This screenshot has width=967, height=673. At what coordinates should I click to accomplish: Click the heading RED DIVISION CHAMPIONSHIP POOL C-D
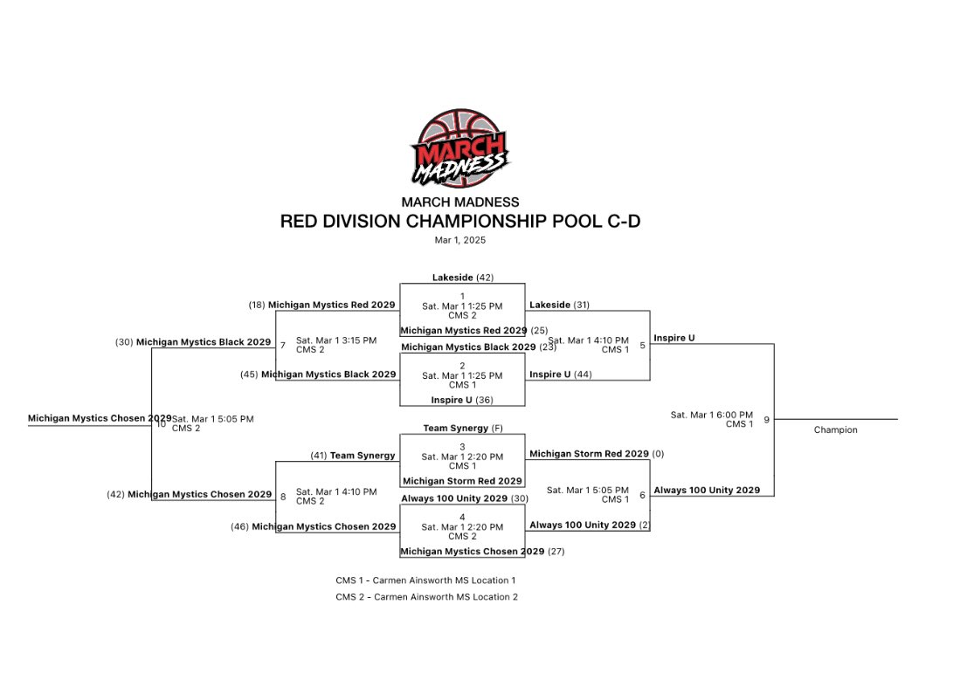pos(459,222)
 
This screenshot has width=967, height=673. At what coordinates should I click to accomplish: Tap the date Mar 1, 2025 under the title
pos(459,240)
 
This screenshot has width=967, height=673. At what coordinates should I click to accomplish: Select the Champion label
pos(835,429)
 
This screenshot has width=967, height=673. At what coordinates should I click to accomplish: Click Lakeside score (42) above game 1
pos(463,278)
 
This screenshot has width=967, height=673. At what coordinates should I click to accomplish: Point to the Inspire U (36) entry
pos(462,400)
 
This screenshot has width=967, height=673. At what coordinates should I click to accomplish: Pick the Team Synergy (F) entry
pos(462,429)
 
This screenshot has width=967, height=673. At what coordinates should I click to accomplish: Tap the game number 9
pos(766,420)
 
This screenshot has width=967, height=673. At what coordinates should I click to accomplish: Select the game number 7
pos(282,345)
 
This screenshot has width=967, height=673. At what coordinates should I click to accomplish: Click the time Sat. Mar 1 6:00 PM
pos(711,415)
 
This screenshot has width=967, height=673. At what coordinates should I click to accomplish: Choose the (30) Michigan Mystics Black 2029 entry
pos(193,342)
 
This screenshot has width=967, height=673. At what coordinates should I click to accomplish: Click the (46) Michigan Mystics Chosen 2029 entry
pos(314,526)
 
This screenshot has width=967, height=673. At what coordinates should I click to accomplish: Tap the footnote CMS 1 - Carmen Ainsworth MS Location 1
pos(432,580)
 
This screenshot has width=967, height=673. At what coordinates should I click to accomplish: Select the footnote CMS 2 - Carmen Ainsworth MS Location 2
pos(432,597)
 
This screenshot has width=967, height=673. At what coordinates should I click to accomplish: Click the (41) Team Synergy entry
pos(353,456)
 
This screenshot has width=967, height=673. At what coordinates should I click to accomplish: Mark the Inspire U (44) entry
pos(560,374)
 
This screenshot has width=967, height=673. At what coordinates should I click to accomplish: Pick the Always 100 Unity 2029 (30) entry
pos(465,498)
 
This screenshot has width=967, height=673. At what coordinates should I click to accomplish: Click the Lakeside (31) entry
pos(559,305)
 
